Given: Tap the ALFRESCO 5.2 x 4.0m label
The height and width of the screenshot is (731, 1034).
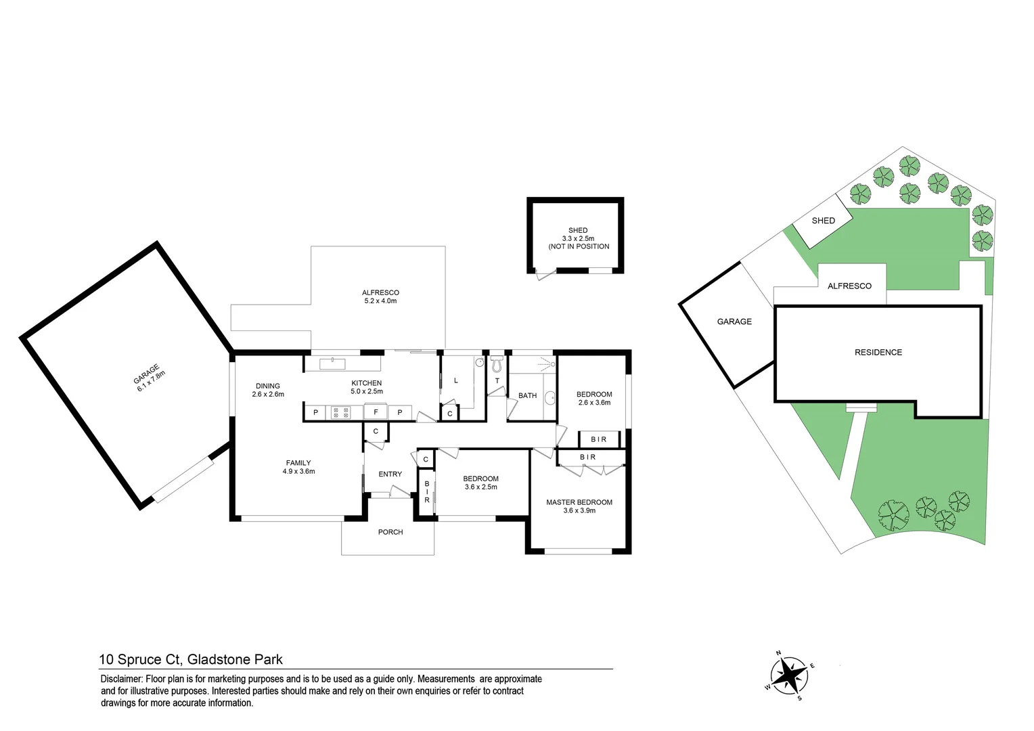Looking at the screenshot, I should [x=380, y=296].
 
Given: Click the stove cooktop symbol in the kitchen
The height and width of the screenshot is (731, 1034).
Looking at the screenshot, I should [x=340, y=412].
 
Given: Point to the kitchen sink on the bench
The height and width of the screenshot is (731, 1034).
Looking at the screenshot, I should [x=332, y=364].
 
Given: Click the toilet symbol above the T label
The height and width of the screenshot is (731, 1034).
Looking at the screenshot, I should [x=497, y=365].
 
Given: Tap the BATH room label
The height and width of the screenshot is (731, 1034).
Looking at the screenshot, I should [x=527, y=395].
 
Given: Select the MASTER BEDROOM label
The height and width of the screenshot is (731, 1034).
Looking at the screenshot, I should [x=579, y=502].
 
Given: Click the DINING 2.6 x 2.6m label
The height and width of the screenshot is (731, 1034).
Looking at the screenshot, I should [x=268, y=389].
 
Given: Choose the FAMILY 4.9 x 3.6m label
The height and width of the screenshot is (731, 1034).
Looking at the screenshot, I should [x=298, y=467].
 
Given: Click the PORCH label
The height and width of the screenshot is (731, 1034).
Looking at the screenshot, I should [x=390, y=532].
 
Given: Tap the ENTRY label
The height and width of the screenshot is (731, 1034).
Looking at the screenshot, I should [x=390, y=474].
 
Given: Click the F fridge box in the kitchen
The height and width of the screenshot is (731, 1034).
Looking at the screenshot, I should [x=376, y=412].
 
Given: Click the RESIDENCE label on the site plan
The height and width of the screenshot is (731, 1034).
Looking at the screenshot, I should [x=878, y=352].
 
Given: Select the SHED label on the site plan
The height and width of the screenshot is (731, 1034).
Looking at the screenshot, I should [x=823, y=221].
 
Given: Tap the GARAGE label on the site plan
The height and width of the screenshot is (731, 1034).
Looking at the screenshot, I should [x=734, y=322].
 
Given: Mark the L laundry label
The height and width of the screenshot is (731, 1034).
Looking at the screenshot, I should [x=456, y=380].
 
